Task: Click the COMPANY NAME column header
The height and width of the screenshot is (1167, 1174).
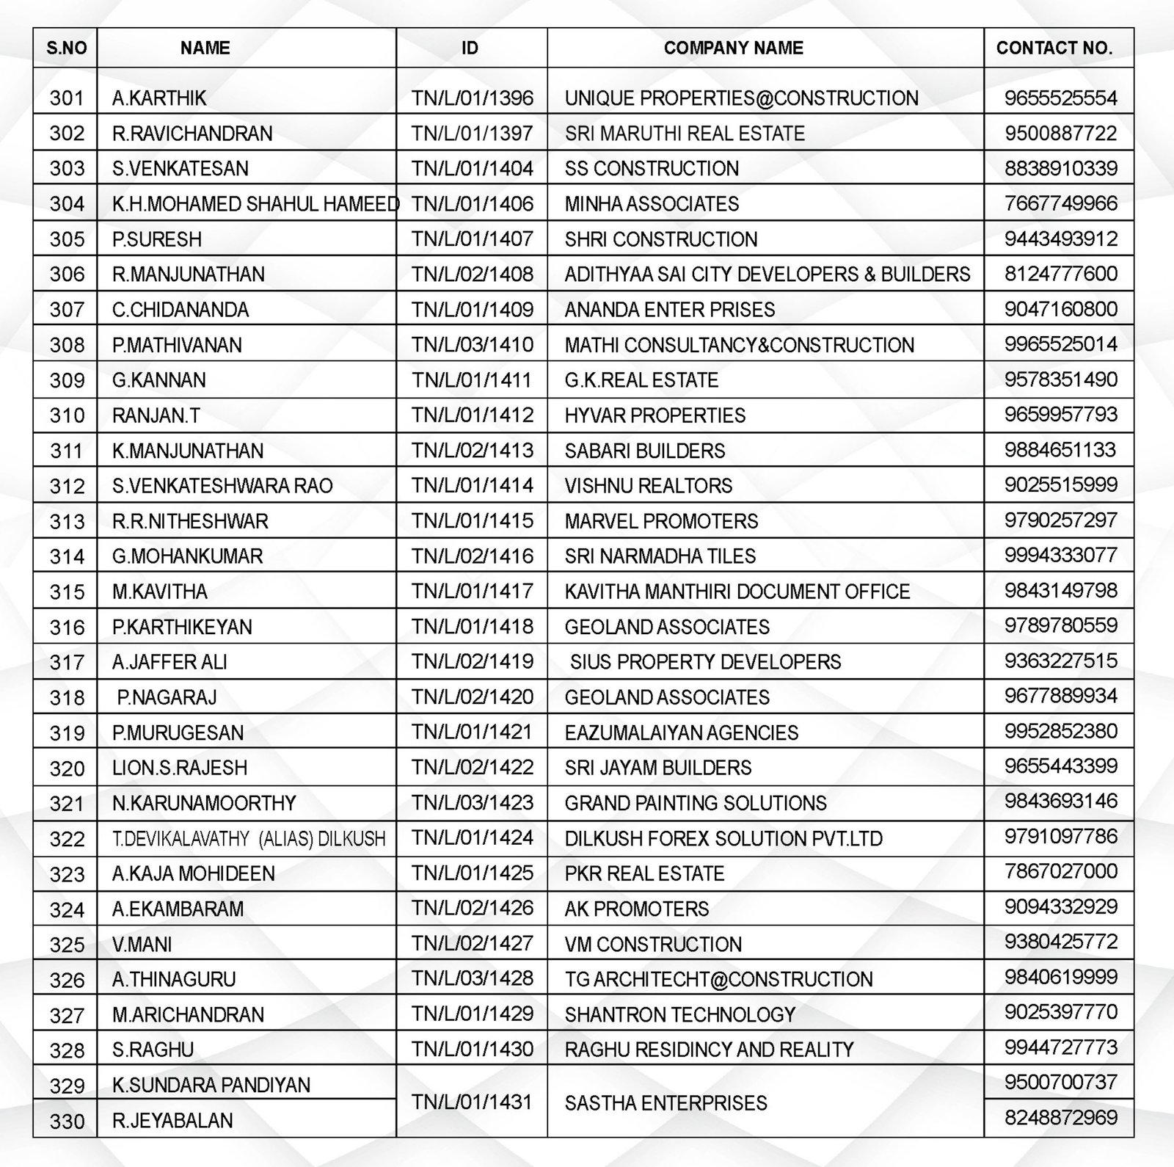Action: click(733, 48)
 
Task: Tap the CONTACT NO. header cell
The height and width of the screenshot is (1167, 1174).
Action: click(1054, 48)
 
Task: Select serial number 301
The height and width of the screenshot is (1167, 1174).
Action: click(66, 98)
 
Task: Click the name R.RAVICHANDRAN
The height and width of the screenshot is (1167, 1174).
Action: click(192, 134)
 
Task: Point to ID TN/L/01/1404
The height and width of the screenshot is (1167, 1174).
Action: click(472, 169)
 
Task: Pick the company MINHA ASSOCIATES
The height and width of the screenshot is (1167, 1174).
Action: click(652, 204)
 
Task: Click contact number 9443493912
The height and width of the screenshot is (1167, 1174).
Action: click(1060, 239)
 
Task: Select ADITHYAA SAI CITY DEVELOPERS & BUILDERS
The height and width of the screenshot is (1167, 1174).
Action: click(767, 275)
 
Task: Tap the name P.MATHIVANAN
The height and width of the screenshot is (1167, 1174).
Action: click(177, 345)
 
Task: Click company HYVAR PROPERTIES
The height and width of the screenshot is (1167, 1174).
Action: click(655, 415)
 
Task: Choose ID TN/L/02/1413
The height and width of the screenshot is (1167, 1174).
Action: click(472, 450)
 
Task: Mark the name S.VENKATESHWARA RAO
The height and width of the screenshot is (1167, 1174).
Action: click(222, 486)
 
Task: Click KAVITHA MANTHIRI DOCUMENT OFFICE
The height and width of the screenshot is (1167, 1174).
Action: click(737, 592)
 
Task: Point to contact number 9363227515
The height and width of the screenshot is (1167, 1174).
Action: click(1060, 661)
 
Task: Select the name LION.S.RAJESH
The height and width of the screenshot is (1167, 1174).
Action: click(180, 768)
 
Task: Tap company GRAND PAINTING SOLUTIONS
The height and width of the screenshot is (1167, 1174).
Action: click(695, 803)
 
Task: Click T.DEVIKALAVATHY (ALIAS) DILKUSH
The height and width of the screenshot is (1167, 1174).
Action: click(249, 838)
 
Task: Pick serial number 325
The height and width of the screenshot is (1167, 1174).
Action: click(66, 945)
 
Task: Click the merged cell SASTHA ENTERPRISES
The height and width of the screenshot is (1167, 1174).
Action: click(666, 1102)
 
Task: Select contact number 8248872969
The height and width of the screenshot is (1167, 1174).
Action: click(1060, 1118)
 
